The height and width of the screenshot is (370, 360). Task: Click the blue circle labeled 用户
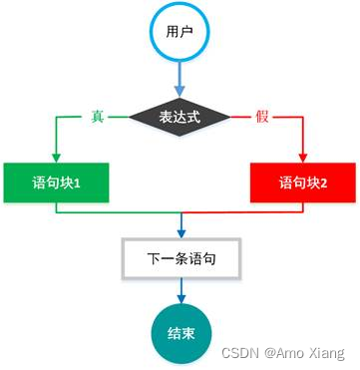180,32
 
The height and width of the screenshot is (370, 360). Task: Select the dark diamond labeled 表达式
180,117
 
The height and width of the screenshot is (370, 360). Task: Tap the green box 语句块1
56,183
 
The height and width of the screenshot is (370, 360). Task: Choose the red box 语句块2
301,183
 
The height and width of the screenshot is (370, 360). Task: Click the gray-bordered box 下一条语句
180,258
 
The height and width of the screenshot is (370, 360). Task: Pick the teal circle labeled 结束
180,333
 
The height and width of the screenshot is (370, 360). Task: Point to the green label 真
97,117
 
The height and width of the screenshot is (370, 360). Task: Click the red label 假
262,117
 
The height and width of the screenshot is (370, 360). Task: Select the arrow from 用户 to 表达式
180,77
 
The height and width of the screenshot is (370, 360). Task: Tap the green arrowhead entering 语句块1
56,157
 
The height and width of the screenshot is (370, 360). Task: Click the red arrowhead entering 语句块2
301,157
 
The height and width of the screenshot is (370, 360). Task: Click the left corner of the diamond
132,117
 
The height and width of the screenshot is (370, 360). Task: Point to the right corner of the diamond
229,117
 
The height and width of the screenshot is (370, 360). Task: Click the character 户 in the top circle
187,32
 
